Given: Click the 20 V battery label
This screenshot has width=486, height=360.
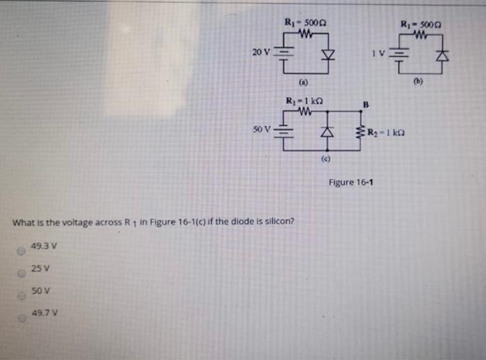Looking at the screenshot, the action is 258,52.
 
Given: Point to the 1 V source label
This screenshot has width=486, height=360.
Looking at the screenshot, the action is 376,54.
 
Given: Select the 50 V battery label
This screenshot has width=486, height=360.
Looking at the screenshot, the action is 262,129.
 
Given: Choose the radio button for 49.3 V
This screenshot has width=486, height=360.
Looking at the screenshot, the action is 22,248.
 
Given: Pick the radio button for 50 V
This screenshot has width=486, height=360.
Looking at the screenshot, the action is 22,295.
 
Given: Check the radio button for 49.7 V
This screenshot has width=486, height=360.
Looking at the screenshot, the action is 22,318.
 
